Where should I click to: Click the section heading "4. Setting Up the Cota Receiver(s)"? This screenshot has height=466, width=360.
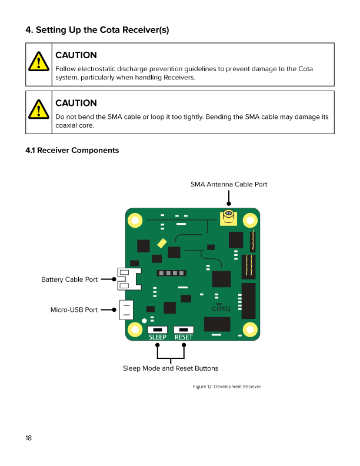click(97, 29)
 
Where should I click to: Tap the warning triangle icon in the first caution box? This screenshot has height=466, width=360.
click(39, 62)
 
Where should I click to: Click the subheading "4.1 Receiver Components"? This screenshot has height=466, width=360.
click(72, 151)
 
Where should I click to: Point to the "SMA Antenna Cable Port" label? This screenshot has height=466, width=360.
click(229, 185)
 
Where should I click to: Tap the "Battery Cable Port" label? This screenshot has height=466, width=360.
click(69, 279)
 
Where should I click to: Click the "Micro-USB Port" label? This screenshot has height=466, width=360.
click(74, 309)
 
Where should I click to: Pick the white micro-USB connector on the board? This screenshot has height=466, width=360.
click(126, 309)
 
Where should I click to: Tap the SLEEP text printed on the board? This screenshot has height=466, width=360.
click(157, 337)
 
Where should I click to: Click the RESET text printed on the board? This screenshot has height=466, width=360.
click(184, 337)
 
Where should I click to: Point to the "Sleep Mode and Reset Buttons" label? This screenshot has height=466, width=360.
click(171, 368)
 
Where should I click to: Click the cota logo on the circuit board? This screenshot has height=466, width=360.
click(221, 308)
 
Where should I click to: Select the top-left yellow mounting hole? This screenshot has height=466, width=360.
click(135, 221)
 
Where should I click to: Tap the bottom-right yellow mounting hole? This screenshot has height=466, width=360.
click(249, 329)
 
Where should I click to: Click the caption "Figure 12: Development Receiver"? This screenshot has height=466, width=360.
click(226, 387)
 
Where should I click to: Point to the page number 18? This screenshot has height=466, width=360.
click(29, 438)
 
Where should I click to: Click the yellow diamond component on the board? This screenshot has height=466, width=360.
click(162, 243)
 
